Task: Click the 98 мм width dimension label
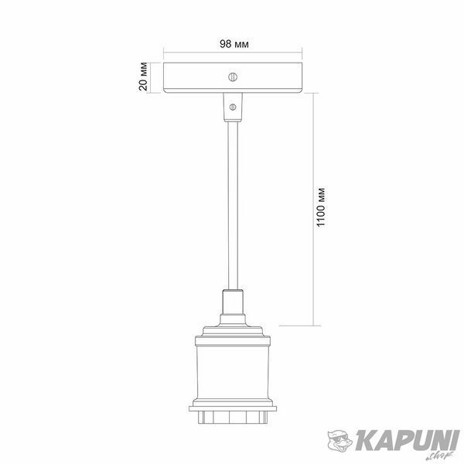click(x=234, y=44)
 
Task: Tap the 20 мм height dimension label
click(x=142, y=77)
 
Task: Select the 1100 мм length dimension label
click(x=320, y=207)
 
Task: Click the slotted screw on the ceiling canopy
click(x=233, y=77)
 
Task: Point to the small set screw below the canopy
click(x=233, y=107)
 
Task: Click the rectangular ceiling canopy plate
click(x=233, y=78)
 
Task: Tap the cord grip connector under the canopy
click(x=233, y=107)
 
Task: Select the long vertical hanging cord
click(x=233, y=206)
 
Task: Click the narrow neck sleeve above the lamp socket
click(x=233, y=302)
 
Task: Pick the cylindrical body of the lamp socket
click(x=233, y=372)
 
